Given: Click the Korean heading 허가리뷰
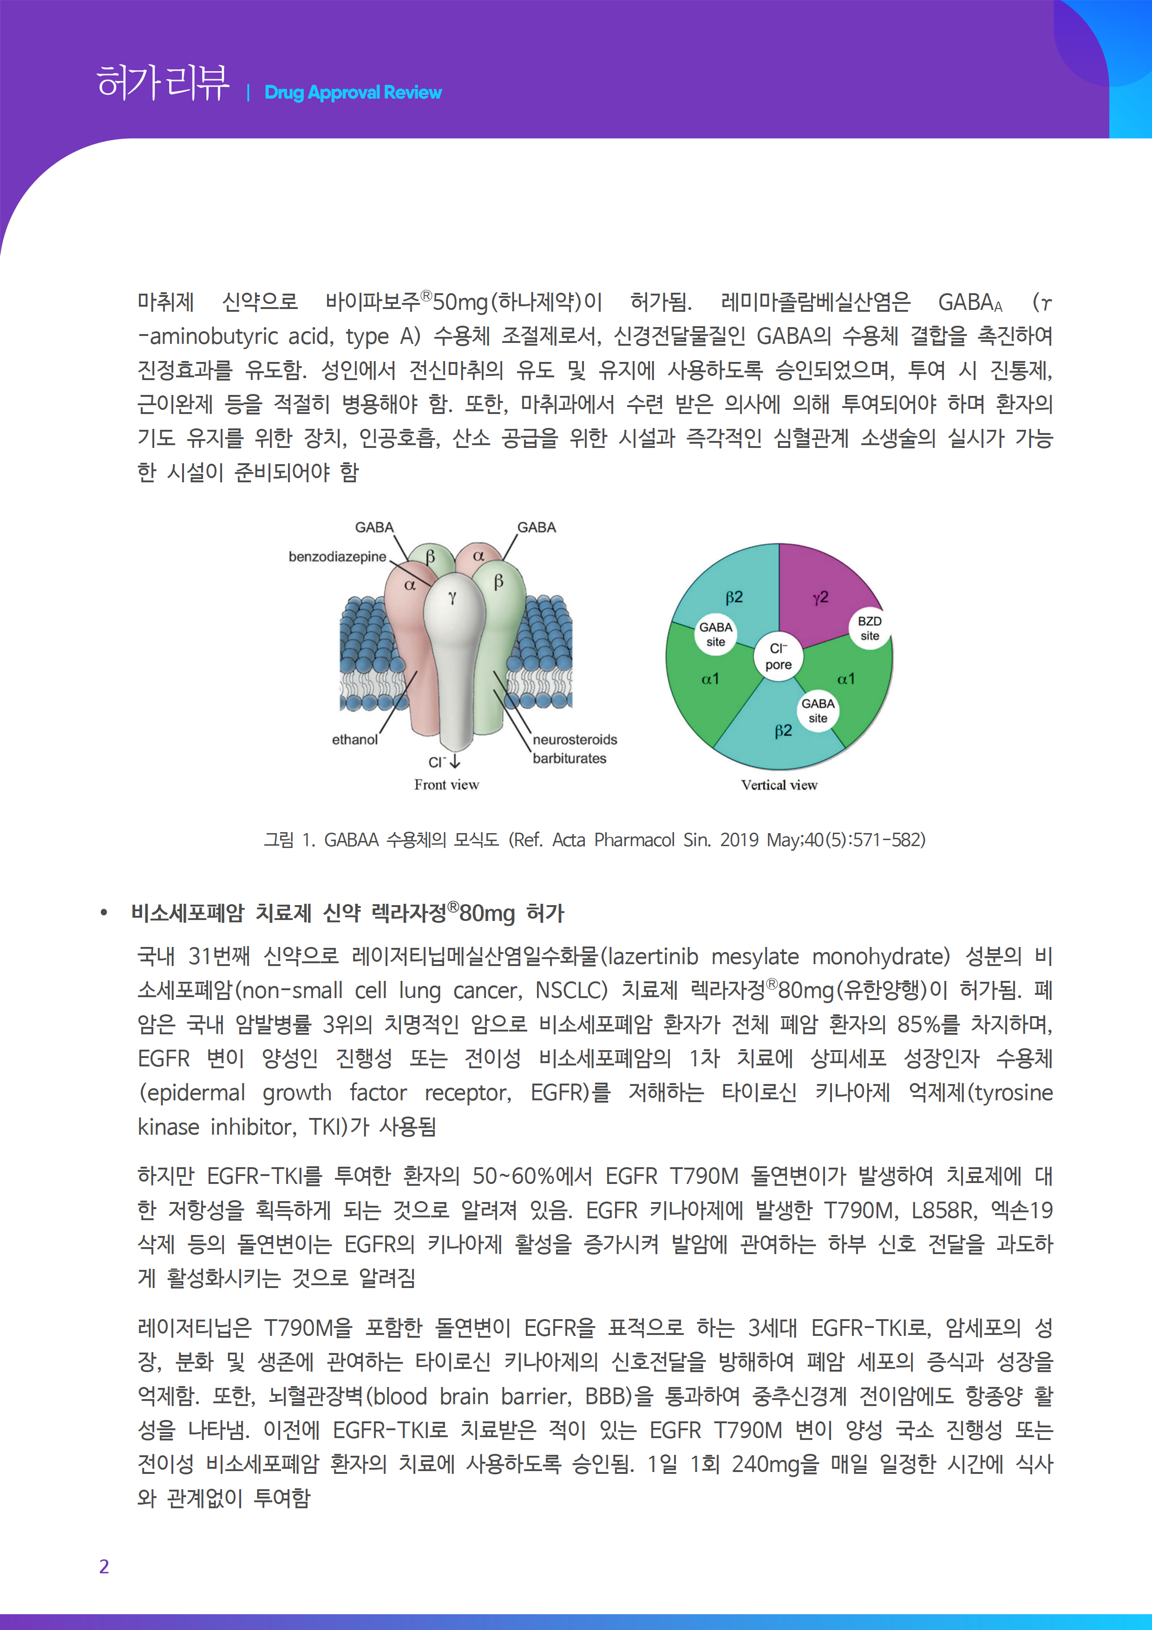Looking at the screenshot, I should coord(163,83).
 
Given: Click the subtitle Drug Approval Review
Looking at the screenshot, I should coord(353,92).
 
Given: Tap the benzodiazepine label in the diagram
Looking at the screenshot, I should coord(337,557).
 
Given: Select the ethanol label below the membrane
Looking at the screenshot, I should coord(355,740).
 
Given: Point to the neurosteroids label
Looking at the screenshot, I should coord(575,740).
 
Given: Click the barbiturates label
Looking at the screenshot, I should coord(569,758).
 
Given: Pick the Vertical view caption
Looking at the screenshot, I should coord(779,785).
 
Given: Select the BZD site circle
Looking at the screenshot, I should coord(870,628).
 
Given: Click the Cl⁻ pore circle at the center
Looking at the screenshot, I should coord(779,657).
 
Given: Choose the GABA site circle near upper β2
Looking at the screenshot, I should coord(715,634).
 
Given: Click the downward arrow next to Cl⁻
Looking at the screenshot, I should coord(455,762).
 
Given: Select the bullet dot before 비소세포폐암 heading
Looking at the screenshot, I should coord(105,914).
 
